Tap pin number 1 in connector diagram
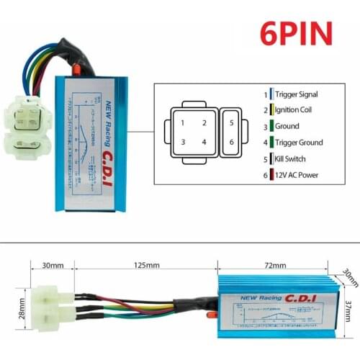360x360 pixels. click(x=183, y=123)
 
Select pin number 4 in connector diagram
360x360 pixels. click(x=204, y=142)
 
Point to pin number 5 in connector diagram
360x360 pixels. click(x=231, y=123)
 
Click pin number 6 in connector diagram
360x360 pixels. click(x=231, y=142)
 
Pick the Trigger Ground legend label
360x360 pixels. click(x=299, y=143)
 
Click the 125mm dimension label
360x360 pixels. click(x=147, y=265)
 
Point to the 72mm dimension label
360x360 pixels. click(x=274, y=265)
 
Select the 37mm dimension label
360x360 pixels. click(x=348, y=310)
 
